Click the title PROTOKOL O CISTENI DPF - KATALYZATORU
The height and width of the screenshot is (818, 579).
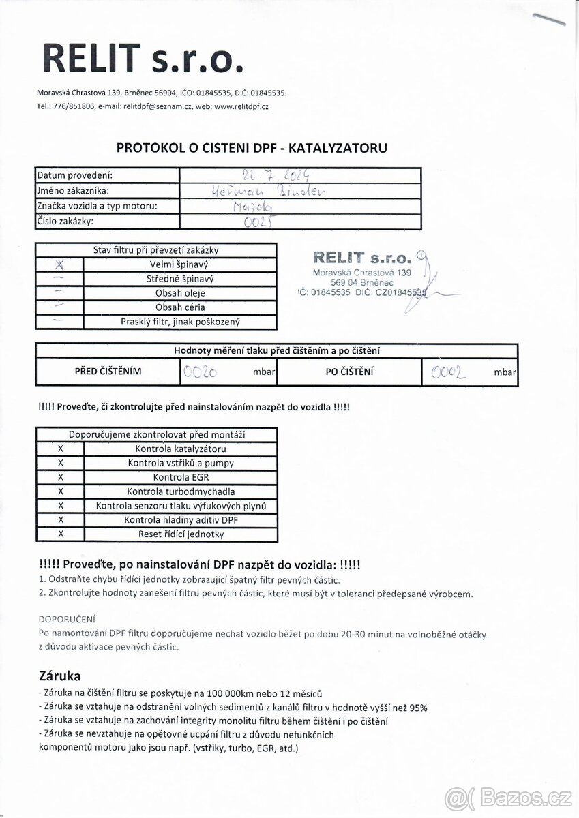(252, 147)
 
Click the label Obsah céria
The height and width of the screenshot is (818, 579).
(179, 307)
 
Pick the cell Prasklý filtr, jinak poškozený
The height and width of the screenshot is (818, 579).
(179, 322)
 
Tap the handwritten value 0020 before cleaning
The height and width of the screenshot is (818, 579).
(201, 372)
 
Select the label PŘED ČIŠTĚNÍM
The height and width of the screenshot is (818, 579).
(108, 372)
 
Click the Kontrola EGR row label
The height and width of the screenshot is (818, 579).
(180, 477)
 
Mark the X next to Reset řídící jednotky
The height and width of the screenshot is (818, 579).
(61, 534)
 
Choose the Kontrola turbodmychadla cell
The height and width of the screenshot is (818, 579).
(180, 491)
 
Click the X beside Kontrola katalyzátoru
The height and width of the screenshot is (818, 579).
(61, 449)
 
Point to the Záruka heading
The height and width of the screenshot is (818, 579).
(60, 676)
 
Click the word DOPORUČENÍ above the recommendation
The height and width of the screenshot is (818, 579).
(67, 619)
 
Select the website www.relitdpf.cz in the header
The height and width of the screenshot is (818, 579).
(241, 106)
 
